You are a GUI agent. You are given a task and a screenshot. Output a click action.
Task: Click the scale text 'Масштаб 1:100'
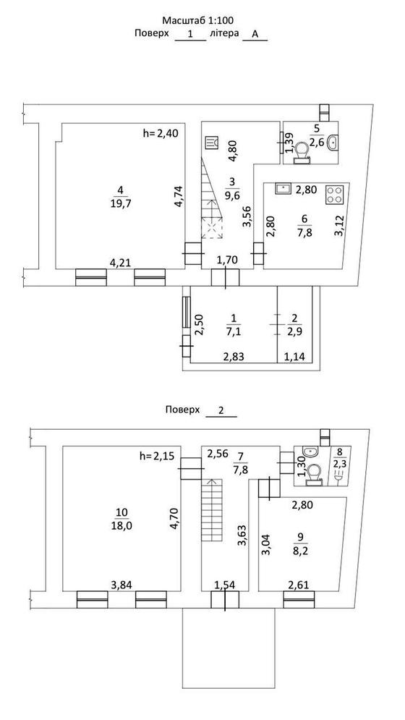pyautogui.click(x=198, y=20)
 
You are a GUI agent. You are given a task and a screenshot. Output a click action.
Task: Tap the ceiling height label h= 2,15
pyautogui.click(x=158, y=456)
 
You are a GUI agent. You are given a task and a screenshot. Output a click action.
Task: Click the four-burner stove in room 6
pyautogui.click(x=335, y=194)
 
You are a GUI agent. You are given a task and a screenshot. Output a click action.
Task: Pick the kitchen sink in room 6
pyautogui.click(x=283, y=189)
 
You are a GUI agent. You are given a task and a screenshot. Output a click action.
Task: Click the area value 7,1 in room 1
pyautogui.click(x=234, y=331)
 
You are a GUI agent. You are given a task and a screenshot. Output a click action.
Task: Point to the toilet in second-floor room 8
pyautogui.click(x=315, y=474)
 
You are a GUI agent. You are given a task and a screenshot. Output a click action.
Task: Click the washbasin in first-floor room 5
pyautogui.click(x=333, y=143)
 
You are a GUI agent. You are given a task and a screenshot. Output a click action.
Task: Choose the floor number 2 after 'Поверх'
pyautogui.click(x=221, y=410)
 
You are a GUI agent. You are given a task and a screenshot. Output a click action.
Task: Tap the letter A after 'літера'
pyautogui.click(x=255, y=34)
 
